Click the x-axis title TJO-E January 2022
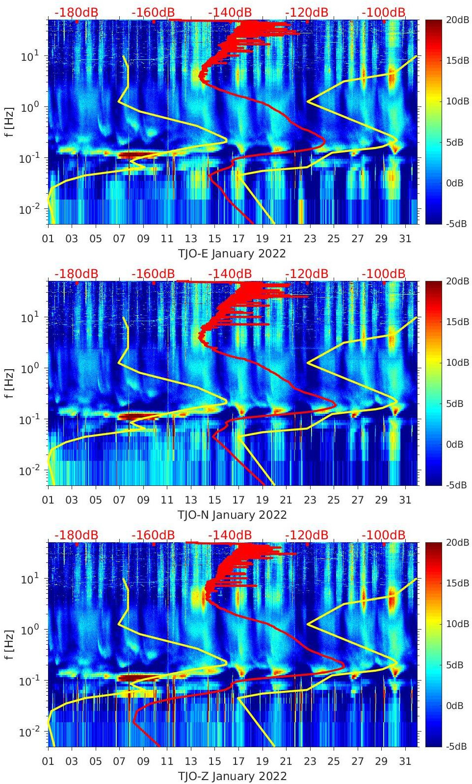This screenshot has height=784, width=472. pyautogui.click(x=232, y=253)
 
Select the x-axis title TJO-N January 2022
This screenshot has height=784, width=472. pyautogui.click(x=232, y=515)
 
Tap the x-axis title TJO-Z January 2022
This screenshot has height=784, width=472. pyautogui.click(x=232, y=776)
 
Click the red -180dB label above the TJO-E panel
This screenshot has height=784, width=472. pyautogui.click(x=76, y=12)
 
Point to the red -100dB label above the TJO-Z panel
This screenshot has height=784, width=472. pyautogui.click(x=384, y=535)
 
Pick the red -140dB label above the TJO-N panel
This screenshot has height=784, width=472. pyautogui.click(x=230, y=274)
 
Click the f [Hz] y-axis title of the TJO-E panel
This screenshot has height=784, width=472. pyautogui.click(x=10, y=122)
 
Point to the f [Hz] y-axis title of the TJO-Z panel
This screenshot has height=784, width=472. pyautogui.click(x=10, y=644)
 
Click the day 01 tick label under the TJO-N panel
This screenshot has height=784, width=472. pyautogui.click(x=48, y=500)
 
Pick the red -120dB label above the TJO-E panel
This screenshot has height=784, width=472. pyautogui.click(x=307, y=12)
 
